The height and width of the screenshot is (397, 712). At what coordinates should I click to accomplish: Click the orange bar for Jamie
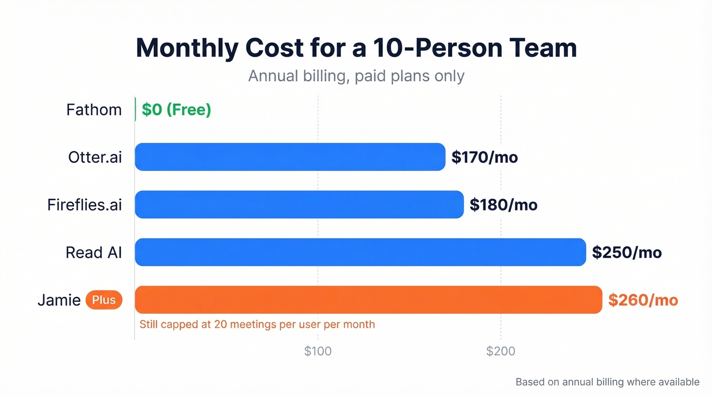(x=368, y=300)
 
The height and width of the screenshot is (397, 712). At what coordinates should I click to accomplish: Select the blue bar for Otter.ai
(x=290, y=157)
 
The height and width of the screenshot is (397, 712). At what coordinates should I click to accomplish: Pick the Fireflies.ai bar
(x=299, y=204)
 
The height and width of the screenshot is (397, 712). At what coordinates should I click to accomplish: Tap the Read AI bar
(x=360, y=252)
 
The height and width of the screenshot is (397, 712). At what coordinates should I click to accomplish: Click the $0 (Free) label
(x=176, y=110)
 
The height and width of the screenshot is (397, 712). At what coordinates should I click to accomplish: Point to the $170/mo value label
(x=485, y=158)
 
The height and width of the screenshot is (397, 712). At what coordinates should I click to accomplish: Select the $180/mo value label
(x=503, y=205)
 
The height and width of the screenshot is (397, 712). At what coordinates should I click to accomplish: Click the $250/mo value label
(x=627, y=252)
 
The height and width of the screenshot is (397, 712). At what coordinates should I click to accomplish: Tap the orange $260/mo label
(x=643, y=300)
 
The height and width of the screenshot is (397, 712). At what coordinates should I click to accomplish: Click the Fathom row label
(x=94, y=110)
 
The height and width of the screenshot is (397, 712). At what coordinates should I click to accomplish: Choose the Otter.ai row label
(x=95, y=157)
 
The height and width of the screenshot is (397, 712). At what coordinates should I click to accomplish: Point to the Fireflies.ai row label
(x=84, y=205)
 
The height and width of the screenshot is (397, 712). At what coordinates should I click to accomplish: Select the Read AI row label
(x=94, y=252)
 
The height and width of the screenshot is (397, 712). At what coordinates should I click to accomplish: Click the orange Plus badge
(x=104, y=300)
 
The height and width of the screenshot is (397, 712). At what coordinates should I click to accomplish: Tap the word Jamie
(x=59, y=300)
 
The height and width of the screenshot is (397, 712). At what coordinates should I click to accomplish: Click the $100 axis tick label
(x=318, y=351)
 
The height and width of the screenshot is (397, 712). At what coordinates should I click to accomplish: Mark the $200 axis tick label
(x=500, y=351)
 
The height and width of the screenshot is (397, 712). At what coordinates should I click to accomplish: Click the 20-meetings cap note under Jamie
(x=257, y=324)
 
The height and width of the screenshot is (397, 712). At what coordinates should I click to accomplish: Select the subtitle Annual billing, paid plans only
(x=356, y=76)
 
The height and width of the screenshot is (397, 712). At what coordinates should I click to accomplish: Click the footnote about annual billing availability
(x=607, y=382)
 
